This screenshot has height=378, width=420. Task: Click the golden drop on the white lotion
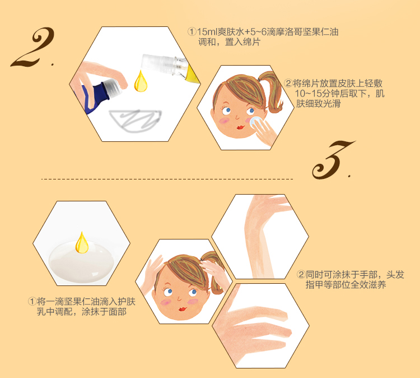[82, 242]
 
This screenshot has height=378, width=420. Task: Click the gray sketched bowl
[136, 121]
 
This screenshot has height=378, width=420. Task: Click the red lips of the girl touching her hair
[183, 309]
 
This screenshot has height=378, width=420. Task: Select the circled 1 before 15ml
[192, 32]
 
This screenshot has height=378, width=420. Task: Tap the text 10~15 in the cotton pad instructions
[308, 94]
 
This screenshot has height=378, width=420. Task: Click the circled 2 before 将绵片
[288, 83]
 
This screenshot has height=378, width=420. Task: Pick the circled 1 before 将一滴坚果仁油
[32, 301]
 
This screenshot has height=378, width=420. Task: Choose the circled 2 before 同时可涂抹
[301, 274]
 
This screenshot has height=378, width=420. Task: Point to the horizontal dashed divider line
[167, 179]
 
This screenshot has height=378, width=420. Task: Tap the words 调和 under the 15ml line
[207, 42]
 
